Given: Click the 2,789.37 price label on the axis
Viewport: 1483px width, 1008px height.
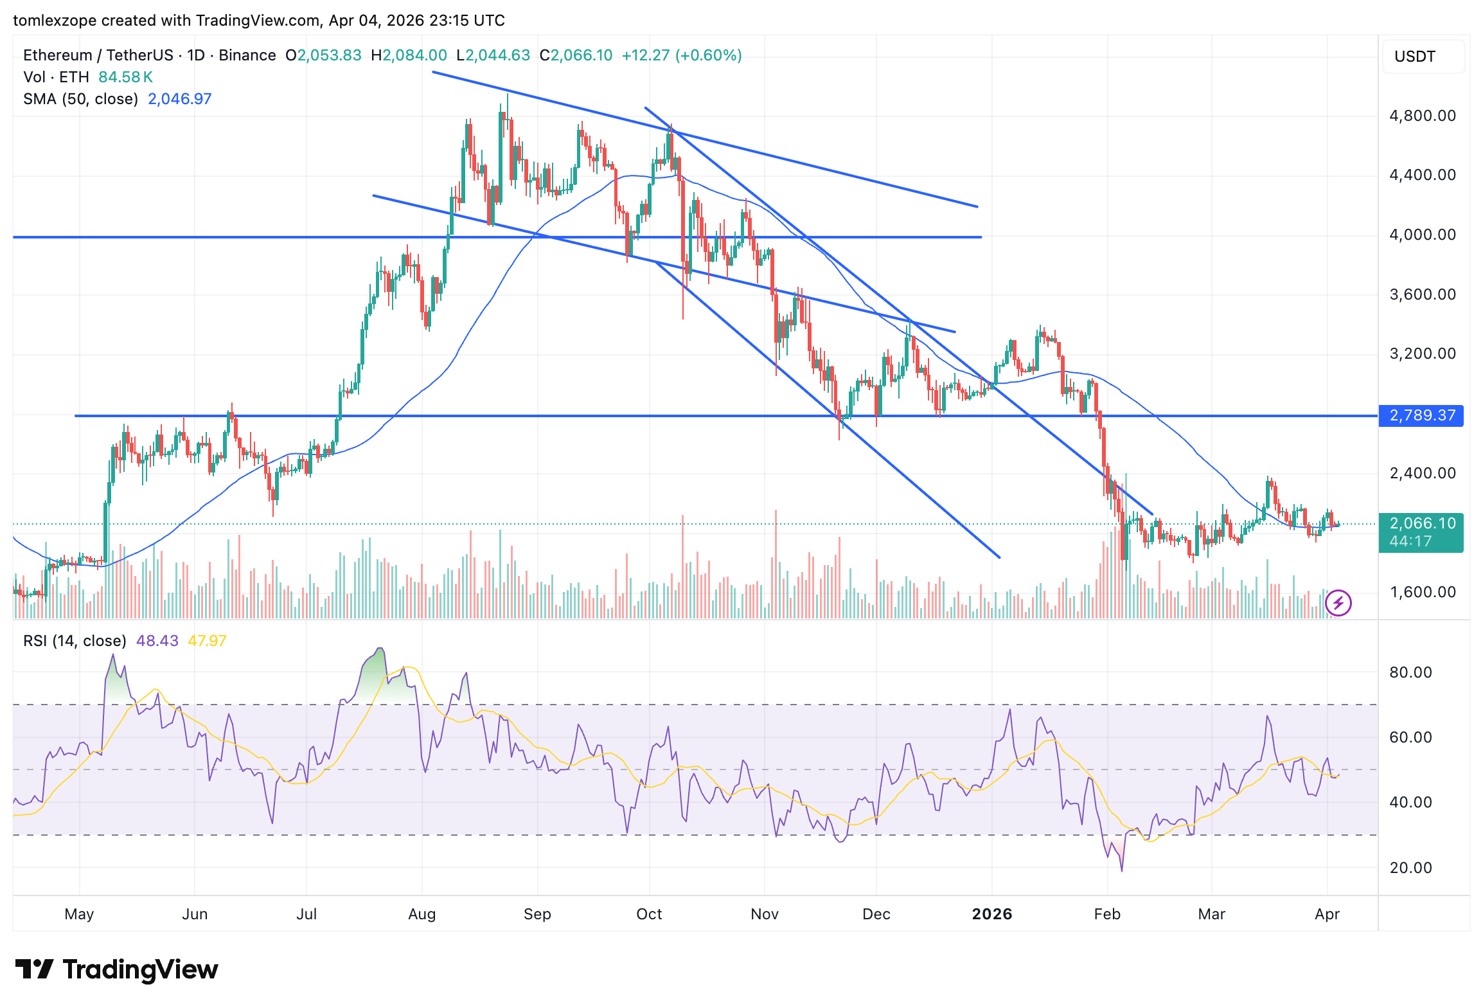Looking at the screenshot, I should (1421, 415).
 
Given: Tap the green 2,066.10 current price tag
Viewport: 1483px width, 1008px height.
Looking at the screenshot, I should (1421, 524).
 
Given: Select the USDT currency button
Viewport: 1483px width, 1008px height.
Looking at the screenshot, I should (1415, 57).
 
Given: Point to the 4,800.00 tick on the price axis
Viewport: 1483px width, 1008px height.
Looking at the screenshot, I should (1422, 116).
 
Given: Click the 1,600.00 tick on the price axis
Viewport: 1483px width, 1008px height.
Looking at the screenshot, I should (1422, 592).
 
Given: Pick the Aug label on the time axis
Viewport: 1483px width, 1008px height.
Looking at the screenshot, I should (422, 914).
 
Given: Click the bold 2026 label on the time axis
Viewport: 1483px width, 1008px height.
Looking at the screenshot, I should (991, 914).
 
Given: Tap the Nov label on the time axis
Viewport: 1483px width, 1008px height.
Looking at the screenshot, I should (765, 914).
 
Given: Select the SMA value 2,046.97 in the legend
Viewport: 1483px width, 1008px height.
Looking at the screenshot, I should (179, 99).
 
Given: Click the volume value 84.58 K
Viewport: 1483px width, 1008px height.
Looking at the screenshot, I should (125, 77).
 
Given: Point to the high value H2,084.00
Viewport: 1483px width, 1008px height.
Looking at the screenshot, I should (409, 55).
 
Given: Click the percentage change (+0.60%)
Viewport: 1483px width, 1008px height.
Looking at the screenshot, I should (708, 55).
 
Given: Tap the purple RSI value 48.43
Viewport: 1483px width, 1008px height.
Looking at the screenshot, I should (157, 641).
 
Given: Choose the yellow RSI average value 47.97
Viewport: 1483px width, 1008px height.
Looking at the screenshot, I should (207, 641).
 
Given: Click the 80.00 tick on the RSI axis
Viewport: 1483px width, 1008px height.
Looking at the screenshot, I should (1410, 672).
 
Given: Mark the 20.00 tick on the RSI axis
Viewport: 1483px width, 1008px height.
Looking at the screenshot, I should (1410, 868).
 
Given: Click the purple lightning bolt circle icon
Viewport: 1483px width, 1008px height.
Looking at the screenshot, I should (1338, 603).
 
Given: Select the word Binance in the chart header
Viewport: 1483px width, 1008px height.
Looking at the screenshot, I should (247, 55).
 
